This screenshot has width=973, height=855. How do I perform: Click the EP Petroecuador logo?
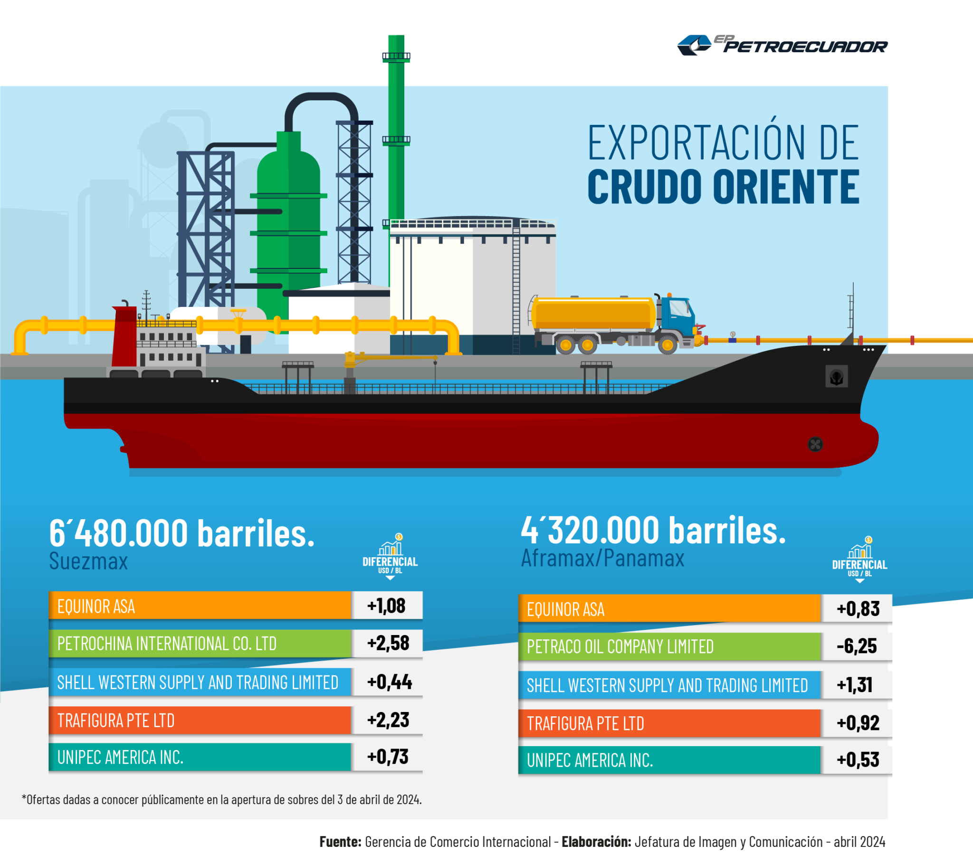[x=782, y=45]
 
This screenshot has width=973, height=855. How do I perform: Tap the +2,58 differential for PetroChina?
[x=388, y=643]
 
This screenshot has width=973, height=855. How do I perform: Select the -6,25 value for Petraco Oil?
[x=857, y=646]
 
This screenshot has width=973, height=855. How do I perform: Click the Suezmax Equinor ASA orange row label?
[x=200, y=606]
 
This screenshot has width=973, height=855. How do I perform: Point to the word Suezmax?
[x=88, y=561]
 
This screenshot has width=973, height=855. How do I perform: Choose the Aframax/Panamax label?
[x=602, y=558]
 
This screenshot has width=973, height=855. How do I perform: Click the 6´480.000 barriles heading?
[x=182, y=532]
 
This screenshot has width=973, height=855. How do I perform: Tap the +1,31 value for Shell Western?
[x=855, y=685]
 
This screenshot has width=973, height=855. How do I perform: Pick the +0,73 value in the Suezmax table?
[x=388, y=757]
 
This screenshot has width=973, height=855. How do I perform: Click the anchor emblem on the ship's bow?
[x=836, y=377]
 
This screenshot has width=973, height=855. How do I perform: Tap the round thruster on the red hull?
[x=815, y=445]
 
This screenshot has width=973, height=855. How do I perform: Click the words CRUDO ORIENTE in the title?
[x=724, y=186]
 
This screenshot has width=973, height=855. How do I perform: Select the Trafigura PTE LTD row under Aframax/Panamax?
[x=669, y=723]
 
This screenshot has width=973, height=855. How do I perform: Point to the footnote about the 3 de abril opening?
[x=222, y=799]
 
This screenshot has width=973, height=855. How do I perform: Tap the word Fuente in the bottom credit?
[x=340, y=842]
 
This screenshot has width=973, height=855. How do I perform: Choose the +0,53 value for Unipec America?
[x=858, y=760]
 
